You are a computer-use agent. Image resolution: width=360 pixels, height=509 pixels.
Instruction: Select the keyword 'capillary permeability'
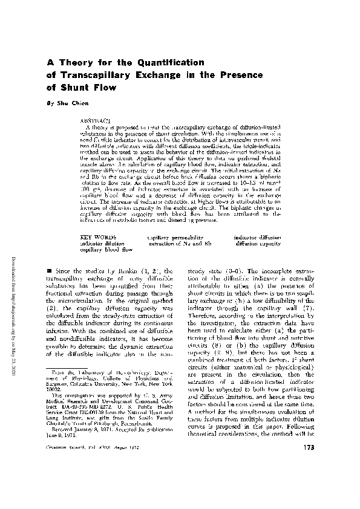(175, 238)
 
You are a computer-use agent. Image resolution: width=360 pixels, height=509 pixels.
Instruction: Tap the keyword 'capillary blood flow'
(106, 248)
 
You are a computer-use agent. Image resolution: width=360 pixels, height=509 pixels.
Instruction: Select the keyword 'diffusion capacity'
(258, 243)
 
